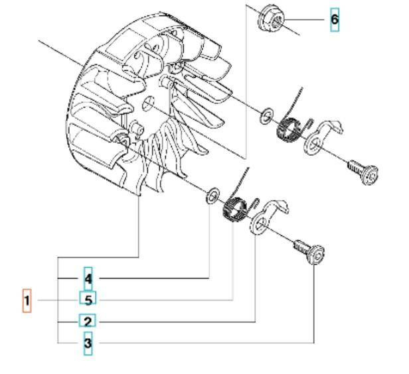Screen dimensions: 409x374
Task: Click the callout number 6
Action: (335, 20)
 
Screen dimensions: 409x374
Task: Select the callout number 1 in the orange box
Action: (27, 301)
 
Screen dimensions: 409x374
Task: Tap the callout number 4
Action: (88, 279)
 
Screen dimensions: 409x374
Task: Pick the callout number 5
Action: (88, 300)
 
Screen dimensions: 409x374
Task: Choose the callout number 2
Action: (88, 322)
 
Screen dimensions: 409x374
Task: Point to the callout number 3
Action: (88, 343)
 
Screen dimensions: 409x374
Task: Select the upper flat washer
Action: (266, 115)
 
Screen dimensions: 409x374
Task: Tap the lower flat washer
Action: (212, 195)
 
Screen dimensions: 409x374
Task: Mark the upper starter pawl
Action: (322, 137)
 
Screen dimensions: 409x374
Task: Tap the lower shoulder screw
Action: (309, 251)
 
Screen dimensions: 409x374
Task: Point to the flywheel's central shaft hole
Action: (148, 103)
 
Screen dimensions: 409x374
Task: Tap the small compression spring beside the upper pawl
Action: (309, 123)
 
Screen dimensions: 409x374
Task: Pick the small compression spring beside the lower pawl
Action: (255, 202)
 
